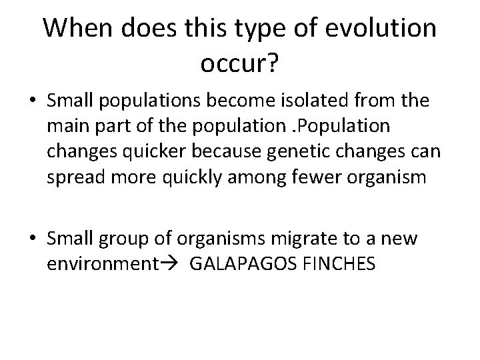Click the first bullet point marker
(x=32, y=102)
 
